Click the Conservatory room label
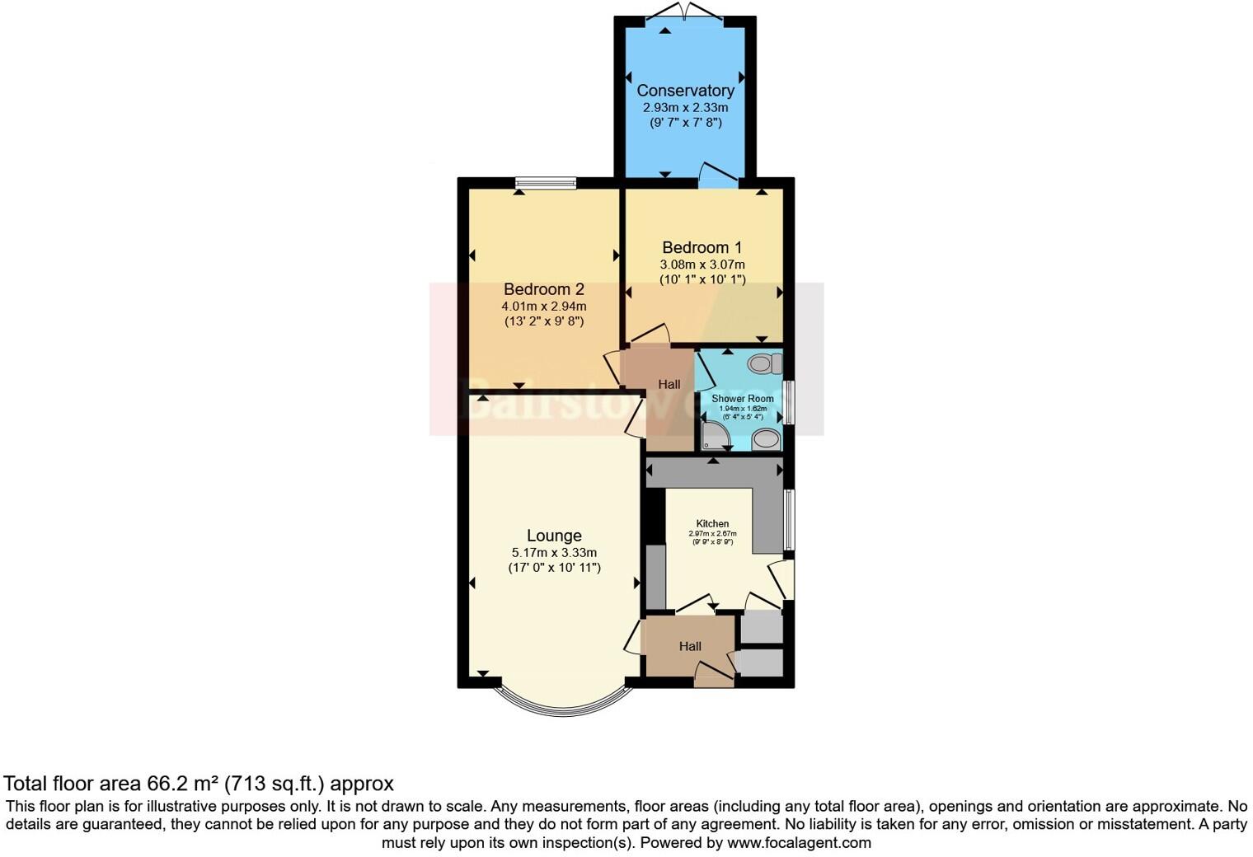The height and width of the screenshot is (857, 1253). [685, 91]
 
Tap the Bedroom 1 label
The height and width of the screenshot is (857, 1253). [702, 247]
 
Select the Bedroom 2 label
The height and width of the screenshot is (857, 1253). [543, 289]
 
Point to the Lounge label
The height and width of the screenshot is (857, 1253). [554, 536]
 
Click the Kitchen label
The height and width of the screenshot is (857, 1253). [712, 523]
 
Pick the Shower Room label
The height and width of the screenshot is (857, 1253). [742, 399]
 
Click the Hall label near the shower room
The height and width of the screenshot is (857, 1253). [669, 385]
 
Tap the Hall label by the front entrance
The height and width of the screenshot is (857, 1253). [690, 646]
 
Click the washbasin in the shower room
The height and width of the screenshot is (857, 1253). [766, 439]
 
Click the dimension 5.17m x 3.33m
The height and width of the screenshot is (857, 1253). [554, 553]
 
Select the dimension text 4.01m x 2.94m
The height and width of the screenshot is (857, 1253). [543, 307]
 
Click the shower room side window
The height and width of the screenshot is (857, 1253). [788, 402]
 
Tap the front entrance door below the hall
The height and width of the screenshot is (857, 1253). [714, 678]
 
